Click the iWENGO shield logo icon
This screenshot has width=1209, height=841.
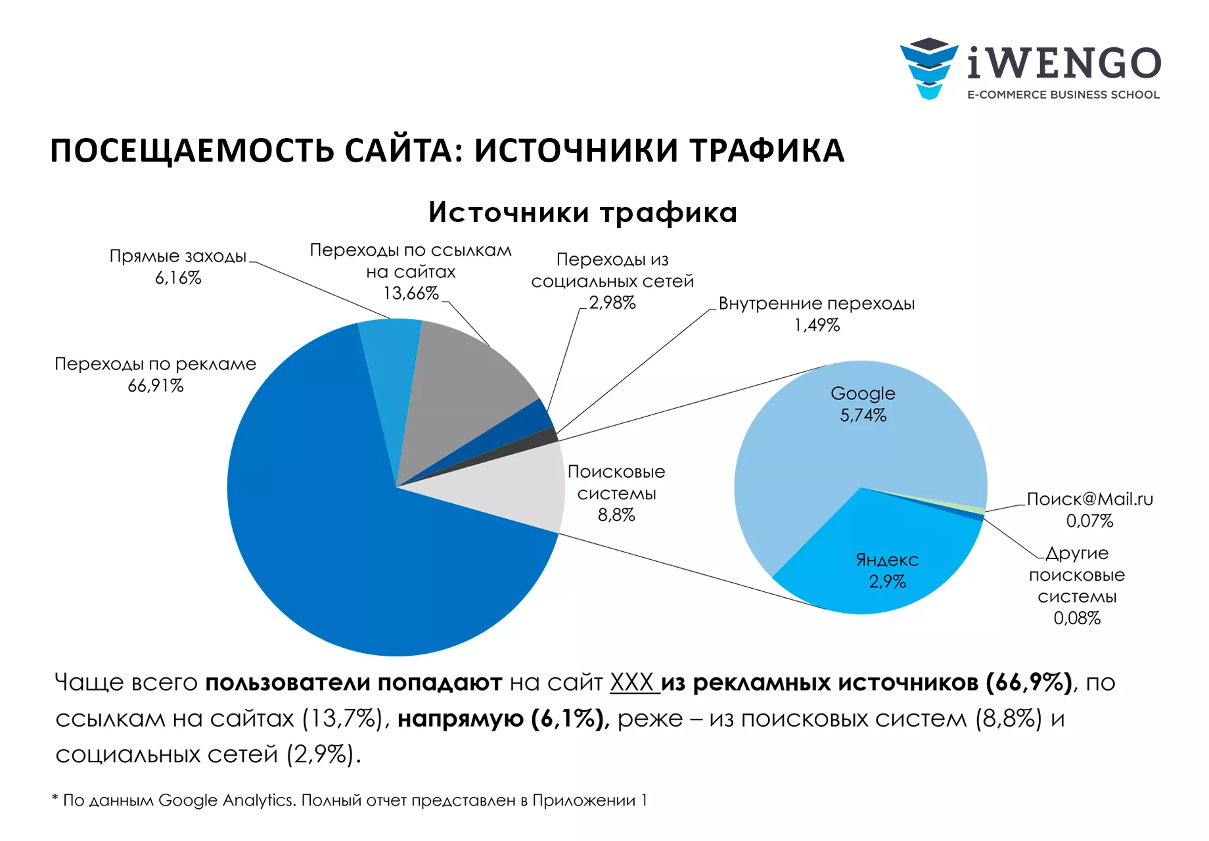928,68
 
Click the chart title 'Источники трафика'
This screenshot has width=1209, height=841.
583,212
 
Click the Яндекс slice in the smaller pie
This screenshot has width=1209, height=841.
880,565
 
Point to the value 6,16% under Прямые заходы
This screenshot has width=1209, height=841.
178,278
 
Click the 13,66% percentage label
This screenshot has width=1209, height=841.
411,293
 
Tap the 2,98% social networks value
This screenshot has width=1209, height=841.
612,303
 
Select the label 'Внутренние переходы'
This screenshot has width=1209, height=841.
817,304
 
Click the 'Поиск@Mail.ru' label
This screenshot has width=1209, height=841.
1089,499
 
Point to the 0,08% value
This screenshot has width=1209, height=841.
1077,618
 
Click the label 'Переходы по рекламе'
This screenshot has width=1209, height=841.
155,364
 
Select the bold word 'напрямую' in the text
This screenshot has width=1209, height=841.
460,719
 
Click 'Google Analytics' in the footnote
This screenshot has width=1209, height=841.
226,800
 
